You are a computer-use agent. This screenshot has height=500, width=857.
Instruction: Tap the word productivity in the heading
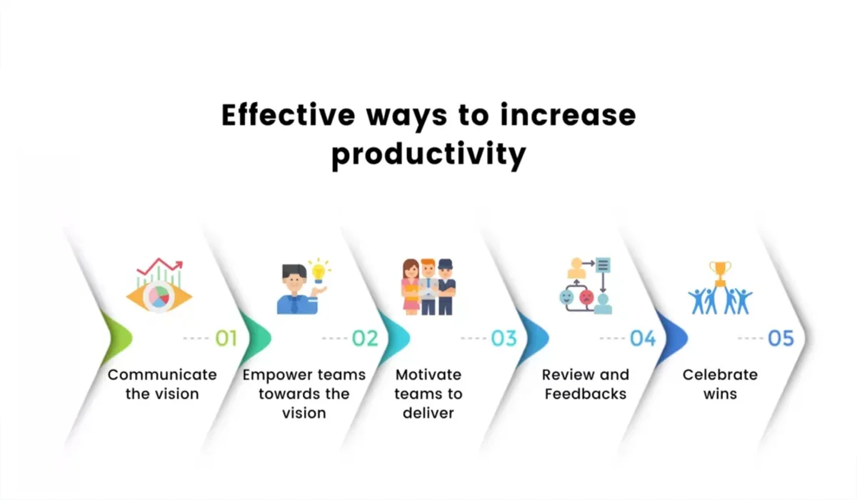click(x=428, y=154)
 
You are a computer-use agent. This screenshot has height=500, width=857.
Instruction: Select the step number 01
click(x=226, y=338)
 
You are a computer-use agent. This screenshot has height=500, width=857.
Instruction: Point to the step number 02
click(x=365, y=338)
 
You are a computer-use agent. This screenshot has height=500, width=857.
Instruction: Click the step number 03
click(x=503, y=338)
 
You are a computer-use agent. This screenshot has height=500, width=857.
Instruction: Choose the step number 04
click(x=643, y=338)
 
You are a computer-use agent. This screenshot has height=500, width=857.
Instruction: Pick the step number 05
click(x=781, y=338)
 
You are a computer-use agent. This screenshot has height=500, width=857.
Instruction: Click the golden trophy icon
click(x=720, y=272)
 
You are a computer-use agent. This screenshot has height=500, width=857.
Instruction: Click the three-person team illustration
click(x=428, y=286)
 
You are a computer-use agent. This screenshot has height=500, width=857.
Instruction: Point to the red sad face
click(x=586, y=296)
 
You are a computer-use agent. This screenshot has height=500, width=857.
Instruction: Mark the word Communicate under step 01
click(x=162, y=374)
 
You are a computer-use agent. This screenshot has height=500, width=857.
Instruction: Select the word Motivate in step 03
click(x=428, y=374)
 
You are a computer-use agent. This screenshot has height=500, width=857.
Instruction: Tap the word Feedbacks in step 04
click(x=585, y=394)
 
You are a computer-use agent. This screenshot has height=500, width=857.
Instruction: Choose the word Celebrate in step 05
click(x=720, y=374)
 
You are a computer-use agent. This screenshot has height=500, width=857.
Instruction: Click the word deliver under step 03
click(x=428, y=413)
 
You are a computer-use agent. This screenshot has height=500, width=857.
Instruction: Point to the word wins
click(x=720, y=394)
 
